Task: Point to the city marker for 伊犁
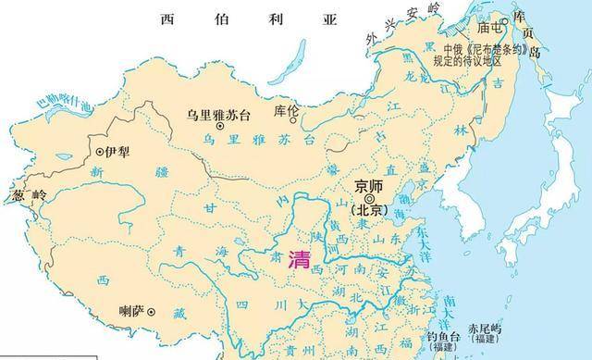coord(101,150)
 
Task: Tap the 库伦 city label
coord(287,110)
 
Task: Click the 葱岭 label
coord(28,195)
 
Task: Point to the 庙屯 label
coord(489,28)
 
